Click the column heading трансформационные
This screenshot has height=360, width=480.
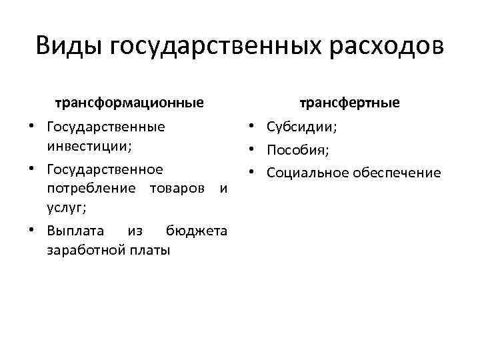coord(129,103)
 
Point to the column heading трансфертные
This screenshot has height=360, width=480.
coord(349,103)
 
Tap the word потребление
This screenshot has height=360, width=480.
coord(89,189)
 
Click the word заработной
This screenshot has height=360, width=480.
coord(82,251)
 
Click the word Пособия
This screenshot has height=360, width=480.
coord(297,149)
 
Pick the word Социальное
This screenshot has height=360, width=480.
coord(305,173)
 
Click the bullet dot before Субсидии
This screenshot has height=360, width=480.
coord(255,127)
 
